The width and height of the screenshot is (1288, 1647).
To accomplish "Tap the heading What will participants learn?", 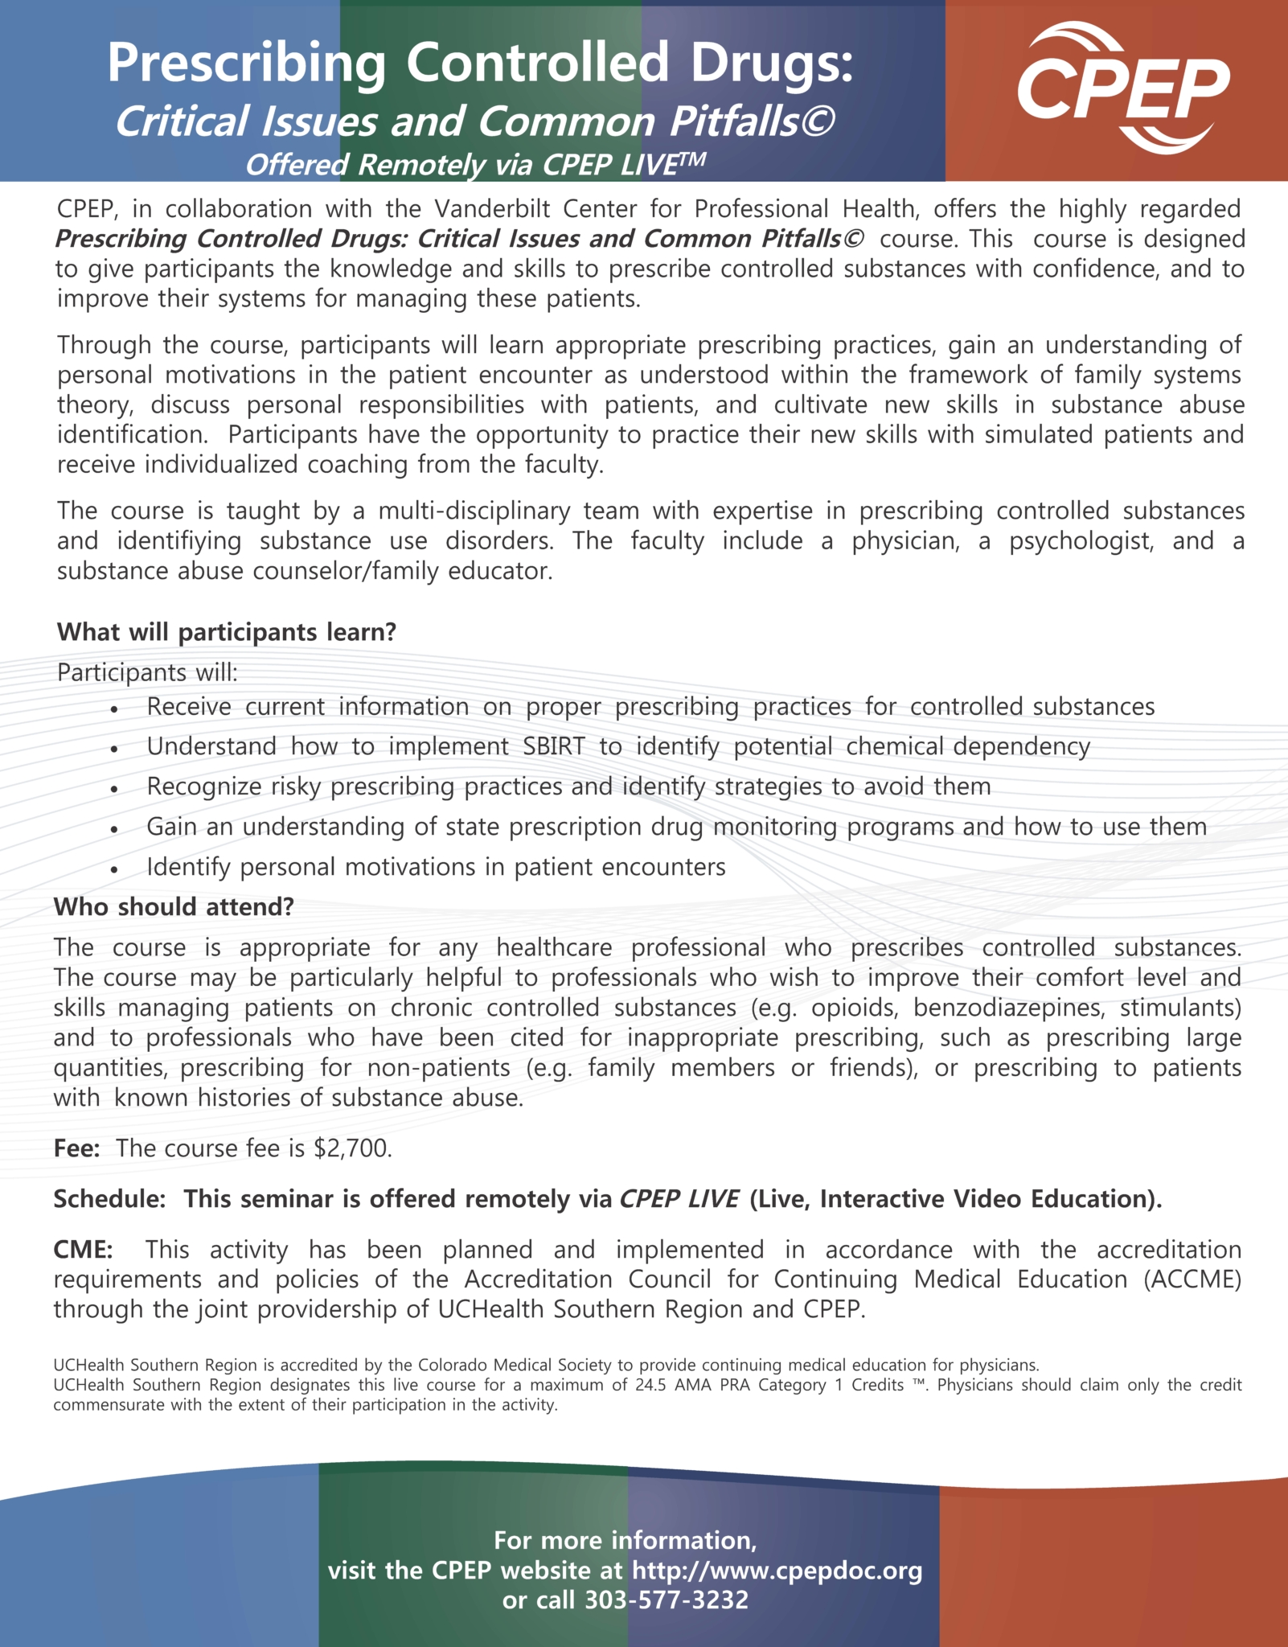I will [227, 632].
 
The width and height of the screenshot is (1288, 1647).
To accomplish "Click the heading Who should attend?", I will [174, 907].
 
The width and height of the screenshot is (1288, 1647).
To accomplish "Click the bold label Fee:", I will [76, 1148].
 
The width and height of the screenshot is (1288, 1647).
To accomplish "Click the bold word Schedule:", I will [109, 1199].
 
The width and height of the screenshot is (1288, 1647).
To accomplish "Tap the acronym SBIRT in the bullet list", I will [554, 746].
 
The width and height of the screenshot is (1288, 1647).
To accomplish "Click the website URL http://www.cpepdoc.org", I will [777, 1570].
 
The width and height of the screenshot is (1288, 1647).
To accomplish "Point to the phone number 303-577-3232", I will [666, 1600].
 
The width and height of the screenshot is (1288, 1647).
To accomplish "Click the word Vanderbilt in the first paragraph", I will [491, 209].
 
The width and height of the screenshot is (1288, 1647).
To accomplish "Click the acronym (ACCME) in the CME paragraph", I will [1192, 1279].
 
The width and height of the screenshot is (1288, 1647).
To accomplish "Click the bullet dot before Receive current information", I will [115, 709].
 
